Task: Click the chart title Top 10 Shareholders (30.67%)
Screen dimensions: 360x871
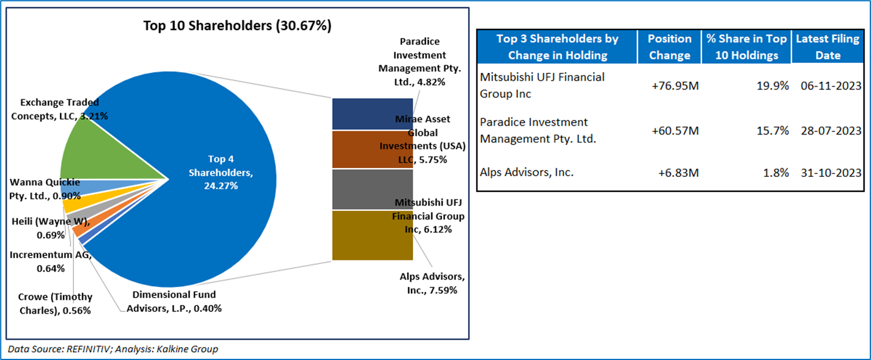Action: click(x=238, y=27)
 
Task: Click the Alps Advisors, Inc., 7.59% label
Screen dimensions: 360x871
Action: click(x=432, y=283)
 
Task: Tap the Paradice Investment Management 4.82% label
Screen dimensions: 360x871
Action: click(x=420, y=62)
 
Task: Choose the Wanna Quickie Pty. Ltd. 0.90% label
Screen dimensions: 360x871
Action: click(x=45, y=189)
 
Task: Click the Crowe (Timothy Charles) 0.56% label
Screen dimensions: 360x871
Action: click(x=54, y=303)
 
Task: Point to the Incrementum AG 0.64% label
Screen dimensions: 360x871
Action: click(x=51, y=261)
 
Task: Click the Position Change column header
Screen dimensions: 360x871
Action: click(x=669, y=47)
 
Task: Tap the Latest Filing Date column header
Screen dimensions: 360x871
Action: click(x=826, y=47)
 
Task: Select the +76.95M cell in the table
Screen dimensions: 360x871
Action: click(x=675, y=85)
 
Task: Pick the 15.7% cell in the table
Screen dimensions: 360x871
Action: click(x=774, y=131)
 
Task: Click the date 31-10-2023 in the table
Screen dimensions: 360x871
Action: click(x=831, y=172)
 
